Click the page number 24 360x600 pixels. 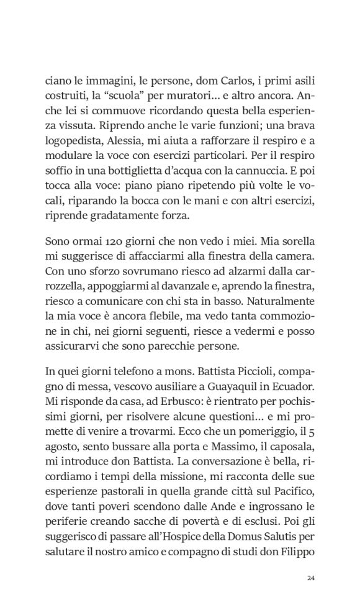pyautogui.click(x=312, y=578)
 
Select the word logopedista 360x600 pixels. pyautogui.click(x=74, y=144)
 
